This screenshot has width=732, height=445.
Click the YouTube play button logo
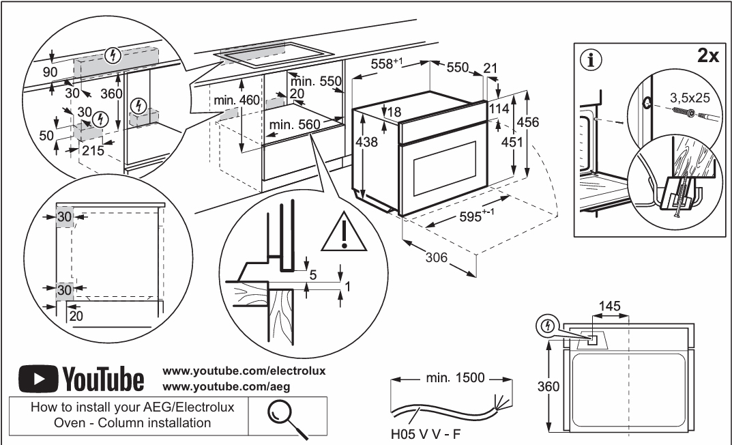38,378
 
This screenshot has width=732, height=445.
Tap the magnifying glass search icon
287,418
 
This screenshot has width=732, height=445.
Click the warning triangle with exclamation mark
344,231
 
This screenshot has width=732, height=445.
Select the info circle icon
591,60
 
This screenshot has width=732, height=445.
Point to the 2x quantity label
708,55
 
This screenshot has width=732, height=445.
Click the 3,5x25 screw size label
690,98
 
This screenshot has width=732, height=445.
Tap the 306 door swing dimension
437,257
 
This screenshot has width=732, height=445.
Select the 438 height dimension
366,141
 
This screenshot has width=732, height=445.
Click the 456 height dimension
528,122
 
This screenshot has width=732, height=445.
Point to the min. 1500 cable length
455,377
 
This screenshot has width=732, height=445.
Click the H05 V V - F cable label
425,434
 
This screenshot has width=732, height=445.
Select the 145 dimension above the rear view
610,306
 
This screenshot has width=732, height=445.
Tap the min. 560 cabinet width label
295,125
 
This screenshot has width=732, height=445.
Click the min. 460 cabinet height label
237,100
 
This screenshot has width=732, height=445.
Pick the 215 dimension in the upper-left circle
93,150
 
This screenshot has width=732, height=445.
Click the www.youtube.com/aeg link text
226,387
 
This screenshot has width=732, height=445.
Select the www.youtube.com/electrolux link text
244,371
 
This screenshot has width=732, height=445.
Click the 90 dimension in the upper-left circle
50,72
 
